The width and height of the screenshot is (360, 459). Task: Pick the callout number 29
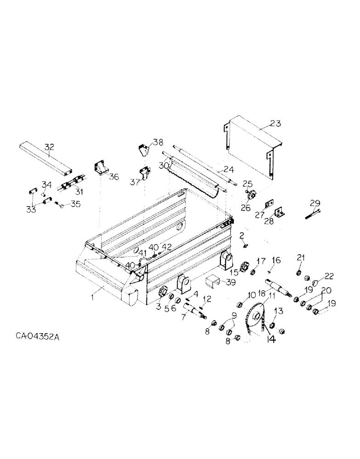point(315,203)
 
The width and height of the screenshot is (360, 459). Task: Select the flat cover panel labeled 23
point(250,138)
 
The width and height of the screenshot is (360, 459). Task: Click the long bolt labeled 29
point(312,213)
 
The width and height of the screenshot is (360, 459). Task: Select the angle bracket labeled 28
point(279,212)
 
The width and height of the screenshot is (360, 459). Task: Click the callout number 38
point(158,142)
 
